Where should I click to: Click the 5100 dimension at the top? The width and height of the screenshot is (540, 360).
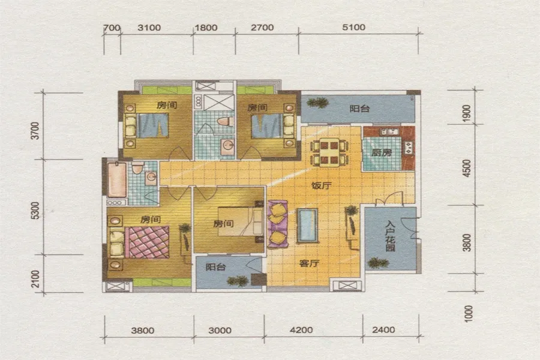(353, 27)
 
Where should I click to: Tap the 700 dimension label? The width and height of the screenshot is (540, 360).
(112, 28)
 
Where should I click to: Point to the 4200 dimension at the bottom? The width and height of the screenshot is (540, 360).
(301, 330)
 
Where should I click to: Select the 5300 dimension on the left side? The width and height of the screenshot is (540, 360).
(35, 210)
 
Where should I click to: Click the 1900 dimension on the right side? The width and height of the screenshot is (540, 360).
(466, 113)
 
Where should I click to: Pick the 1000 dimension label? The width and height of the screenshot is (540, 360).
(469, 313)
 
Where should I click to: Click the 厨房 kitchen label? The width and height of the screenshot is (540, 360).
(382, 152)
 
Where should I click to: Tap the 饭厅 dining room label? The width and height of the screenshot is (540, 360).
(322, 185)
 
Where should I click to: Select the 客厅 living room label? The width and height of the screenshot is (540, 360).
(309, 263)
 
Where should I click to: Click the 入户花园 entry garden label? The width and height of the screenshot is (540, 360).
(390, 236)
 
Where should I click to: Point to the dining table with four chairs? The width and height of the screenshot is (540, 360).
(329, 152)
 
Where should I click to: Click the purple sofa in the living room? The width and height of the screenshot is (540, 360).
(277, 224)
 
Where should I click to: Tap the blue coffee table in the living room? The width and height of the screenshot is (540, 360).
(308, 226)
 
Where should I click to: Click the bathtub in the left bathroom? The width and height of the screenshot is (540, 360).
(117, 179)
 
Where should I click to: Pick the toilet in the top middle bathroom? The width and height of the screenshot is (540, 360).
(226, 121)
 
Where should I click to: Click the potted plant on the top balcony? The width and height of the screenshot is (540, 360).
(317, 103)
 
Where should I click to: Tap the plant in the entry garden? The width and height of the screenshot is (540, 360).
(378, 263)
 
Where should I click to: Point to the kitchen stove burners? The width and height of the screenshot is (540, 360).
(409, 148)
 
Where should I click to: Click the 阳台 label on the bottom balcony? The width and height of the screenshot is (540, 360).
(215, 267)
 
